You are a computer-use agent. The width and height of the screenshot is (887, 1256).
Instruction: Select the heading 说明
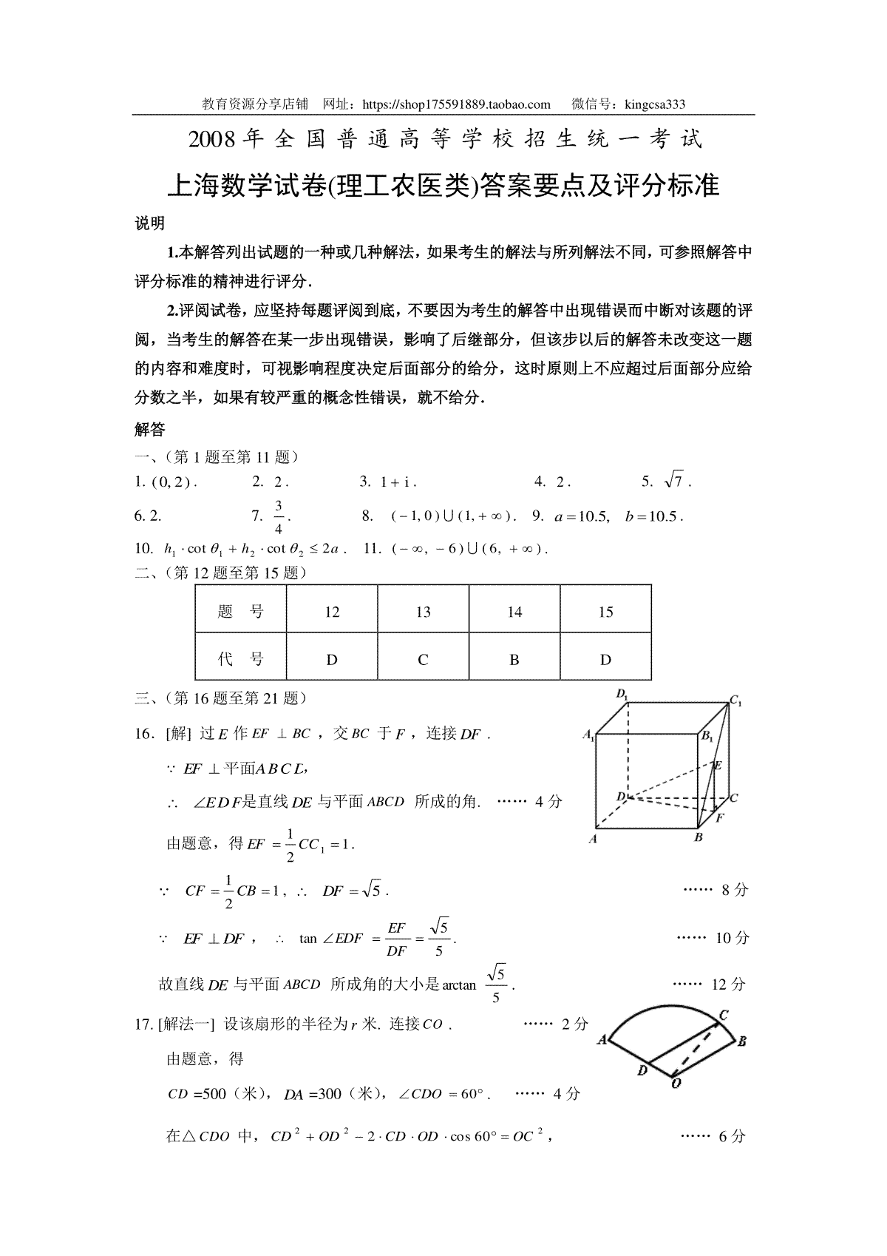(150, 223)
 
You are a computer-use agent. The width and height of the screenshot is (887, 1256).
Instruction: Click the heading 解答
(150, 429)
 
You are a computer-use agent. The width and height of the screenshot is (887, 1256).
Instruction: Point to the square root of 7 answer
(676, 482)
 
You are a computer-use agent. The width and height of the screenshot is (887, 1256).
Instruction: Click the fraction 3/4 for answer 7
(279, 516)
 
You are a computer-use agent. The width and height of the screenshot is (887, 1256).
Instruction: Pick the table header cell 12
(332, 612)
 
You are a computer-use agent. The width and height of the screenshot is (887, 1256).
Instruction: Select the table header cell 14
(514, 612)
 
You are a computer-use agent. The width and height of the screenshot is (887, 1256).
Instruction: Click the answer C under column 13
(423, 660)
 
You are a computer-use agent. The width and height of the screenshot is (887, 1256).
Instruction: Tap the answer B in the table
(514, 660)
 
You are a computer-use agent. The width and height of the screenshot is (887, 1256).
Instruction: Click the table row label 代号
(241, 660)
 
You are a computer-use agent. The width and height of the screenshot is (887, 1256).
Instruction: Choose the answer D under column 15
(605, 660)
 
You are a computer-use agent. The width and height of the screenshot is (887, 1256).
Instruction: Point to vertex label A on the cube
(593, 840)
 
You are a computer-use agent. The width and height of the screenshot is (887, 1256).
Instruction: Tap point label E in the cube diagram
(717, 766)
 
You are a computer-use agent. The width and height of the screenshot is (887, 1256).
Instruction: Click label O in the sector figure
(676, 1084)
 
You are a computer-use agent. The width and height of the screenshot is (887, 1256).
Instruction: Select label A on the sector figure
(602, 1040)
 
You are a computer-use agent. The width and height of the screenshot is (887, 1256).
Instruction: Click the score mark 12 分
(728, 985)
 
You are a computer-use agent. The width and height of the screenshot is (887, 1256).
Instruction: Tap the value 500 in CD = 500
(214, 1094)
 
